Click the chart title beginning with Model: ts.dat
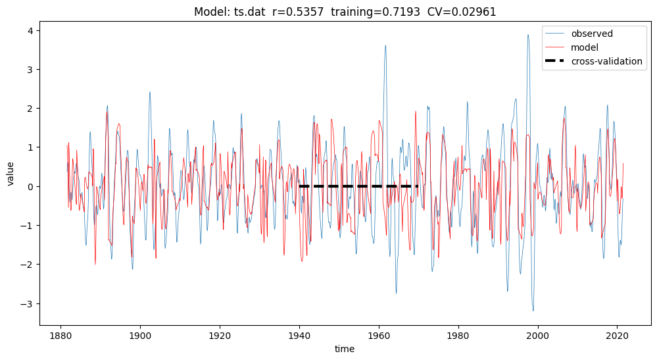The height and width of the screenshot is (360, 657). [345, 12]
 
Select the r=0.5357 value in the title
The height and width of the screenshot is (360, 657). [298, 12]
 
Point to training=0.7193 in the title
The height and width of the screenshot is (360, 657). [376, 12]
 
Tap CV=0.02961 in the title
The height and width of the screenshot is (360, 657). [462, 12]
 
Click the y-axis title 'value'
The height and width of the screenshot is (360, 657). [11, 174]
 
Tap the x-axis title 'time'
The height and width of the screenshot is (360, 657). [345, 348]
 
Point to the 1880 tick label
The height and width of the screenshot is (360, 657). [61, 335]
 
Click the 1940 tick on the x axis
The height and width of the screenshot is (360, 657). [299, 335]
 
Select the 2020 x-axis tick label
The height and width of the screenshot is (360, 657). [617, 335]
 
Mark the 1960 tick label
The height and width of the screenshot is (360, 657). [379, 335]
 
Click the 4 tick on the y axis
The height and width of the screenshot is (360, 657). [31, 30]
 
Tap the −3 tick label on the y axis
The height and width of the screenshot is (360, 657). [27, 303]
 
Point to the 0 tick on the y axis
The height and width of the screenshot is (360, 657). [31, 186]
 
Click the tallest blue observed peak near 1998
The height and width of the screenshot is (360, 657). [528, 35]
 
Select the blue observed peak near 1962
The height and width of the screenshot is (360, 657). [385, 45]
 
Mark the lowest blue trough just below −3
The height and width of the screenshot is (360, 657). [533, 311]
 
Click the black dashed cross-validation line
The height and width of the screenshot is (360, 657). [358, 186]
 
